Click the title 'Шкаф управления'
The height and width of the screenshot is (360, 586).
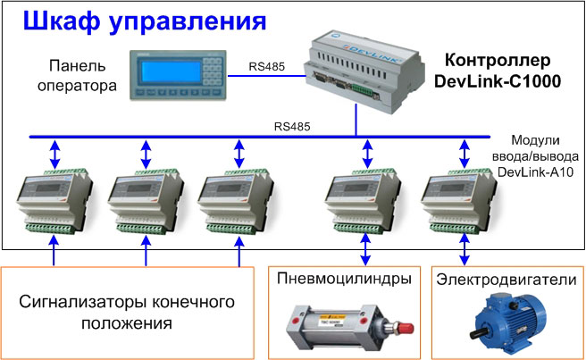pyautogui.click(x=144, y=21)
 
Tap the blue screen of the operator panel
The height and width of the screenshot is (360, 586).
pyautogui.click(x=171, y=71)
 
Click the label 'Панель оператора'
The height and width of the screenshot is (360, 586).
pyautogui.click(x=77, y=76)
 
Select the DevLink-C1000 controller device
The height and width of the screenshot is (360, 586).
pyautogui.click(x=364, y=71)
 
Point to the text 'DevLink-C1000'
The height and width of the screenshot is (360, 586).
pyautogui.click(x=498, y=81)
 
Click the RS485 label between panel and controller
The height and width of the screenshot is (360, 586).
pyautogui.click(x=267, y=66)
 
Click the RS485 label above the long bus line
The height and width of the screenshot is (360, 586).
pyautogui.click(x=292, y=127)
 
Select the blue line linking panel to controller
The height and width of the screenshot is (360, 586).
pyautogui.click(x=267, y=76)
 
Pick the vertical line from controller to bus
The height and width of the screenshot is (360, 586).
pyautogui.click(x=356, y=120)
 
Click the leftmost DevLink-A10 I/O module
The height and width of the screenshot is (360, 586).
pyautogui.click(x=54, y=201)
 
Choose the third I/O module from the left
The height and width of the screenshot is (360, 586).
pyautogui.click(x=236, y=201)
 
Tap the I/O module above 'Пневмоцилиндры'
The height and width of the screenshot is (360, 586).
pyautogui.click(x=364, y=201)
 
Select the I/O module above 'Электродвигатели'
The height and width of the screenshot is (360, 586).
pyautogui.click(x=459, y=201)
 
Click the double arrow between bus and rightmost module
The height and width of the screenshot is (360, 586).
pyautogui.click(x=465, y=154)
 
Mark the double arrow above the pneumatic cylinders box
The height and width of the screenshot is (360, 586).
pyautogui.click(x=365, y=249)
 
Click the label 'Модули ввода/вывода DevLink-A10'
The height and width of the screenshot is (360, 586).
pyautogui.click(x=535, y=156)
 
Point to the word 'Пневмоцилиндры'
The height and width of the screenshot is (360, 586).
pyautogui.click(x=344, y=279)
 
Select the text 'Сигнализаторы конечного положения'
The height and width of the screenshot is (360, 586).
pyautogui.click(x=127, y=312)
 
